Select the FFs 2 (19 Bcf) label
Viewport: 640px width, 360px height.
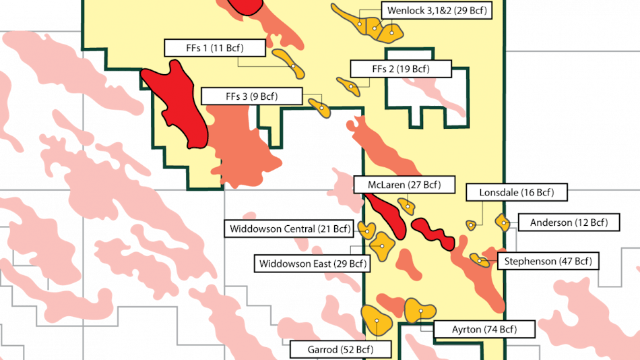pos(400,69)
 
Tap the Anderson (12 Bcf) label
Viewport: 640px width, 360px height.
pos(569,222)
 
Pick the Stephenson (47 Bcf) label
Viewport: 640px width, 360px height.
pos(546,261)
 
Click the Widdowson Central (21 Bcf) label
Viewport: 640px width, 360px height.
pos(290,229)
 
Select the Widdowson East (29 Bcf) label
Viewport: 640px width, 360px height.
pos(312,263)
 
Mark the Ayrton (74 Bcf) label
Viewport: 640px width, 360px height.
pos(484,329)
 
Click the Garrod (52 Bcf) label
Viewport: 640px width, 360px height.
pos(341,349)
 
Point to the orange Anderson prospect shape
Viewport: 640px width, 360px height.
pos(502,221)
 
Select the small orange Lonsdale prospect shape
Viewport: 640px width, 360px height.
pos(472,225)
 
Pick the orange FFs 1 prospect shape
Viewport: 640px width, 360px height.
pos(288,60)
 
